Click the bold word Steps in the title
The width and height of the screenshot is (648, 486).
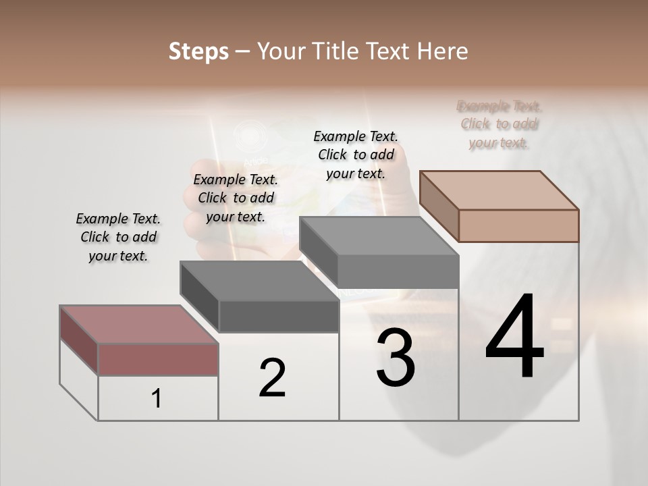point(198,51)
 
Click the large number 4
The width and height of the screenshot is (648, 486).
point(514,337)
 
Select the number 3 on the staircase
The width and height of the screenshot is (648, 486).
point(396,357)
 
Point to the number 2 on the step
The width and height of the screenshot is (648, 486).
point(273,378)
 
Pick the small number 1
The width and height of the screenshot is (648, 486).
point(157,399)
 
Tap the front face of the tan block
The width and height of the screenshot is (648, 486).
point(518,225)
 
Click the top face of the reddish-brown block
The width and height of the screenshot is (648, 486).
point(139,325)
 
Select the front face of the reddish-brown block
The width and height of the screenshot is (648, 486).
point(158,359)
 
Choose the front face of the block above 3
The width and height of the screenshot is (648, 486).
point(398,272)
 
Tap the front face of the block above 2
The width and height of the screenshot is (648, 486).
point(279,316)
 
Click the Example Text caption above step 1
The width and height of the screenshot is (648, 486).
point(118,237)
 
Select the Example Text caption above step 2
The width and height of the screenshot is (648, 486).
point(236,198)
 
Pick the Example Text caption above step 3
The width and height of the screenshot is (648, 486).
point(356,155)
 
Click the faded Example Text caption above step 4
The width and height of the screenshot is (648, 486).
point(500,124)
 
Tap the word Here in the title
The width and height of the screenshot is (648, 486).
point(443,51)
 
